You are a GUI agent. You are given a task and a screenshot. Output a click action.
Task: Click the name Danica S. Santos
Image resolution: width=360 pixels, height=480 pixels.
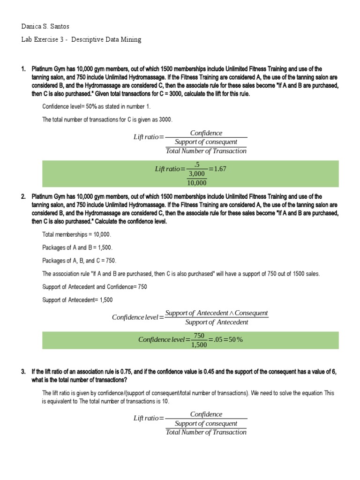(x=45, y=26)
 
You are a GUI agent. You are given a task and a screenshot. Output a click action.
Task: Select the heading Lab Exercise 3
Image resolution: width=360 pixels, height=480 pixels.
(x=81, y=39)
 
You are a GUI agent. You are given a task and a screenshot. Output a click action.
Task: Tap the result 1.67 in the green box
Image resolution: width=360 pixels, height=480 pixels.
(x=218, y=169)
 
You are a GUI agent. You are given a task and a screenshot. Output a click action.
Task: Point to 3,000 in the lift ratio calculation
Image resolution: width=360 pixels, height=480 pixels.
(x=197, y=174)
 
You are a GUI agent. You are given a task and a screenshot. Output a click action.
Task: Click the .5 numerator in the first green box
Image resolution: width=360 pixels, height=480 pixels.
(x=197, y=165)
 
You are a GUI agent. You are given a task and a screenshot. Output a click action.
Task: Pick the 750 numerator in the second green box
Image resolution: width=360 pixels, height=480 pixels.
(x=199, y=335)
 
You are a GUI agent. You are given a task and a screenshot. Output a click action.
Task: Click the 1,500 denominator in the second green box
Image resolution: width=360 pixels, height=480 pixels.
(x=199, y=345)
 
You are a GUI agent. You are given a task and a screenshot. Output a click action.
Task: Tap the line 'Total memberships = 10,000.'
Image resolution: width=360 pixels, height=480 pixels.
(x=77, y=234)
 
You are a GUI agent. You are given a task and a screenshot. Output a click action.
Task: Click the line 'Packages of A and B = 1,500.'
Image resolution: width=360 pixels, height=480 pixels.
(x=77, y=247)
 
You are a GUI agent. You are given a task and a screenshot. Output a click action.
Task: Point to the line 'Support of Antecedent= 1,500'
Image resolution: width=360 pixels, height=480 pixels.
(x=77, y=300)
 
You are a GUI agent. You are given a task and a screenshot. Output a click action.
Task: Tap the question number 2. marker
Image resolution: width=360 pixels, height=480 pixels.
(x=23, y=197)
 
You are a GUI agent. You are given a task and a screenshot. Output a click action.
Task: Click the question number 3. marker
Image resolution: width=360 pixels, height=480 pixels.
(x=23, y=372)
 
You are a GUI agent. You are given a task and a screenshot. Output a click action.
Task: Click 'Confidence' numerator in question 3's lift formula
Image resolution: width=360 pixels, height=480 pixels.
(x=206, y=414)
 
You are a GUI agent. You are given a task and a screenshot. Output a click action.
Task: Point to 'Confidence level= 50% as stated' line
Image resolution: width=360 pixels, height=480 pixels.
(x=97, y=106)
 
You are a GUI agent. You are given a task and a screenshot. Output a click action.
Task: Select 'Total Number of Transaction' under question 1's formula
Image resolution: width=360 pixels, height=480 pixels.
(x=206, y=151)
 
